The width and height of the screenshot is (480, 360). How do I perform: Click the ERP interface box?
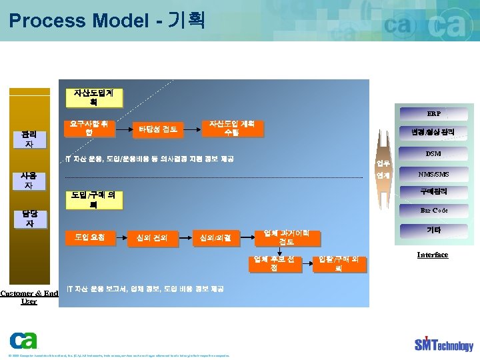[x=433, y=113]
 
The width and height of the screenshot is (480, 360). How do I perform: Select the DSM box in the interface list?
[x=433, y=154]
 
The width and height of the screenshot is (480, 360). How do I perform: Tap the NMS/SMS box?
[x=433, y=175]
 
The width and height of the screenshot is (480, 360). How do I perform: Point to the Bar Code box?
[x=433, y=211]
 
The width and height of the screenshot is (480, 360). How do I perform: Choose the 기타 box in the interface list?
[x=433, y=231]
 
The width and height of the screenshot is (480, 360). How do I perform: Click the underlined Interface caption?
[x=433, y=255]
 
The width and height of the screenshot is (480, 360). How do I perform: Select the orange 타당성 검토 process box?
[x=158, y=129]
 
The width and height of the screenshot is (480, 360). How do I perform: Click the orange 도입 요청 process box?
[x=89, y=237]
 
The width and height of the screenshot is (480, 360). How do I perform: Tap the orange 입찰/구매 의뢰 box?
[x=339, y=263]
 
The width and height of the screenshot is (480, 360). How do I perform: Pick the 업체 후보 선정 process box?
[x=274, y=263]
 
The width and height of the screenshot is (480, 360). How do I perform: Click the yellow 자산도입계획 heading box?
[x=98, y=97]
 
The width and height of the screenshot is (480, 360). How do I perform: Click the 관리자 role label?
[x=29, y=139]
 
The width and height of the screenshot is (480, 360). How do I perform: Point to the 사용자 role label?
[x=29, y=180]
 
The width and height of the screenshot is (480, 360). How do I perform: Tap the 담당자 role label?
[x=29, y=218]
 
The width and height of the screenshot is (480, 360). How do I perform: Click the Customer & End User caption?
[x=29, y=297]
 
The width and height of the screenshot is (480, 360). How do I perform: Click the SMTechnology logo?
[x=443, y=343]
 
